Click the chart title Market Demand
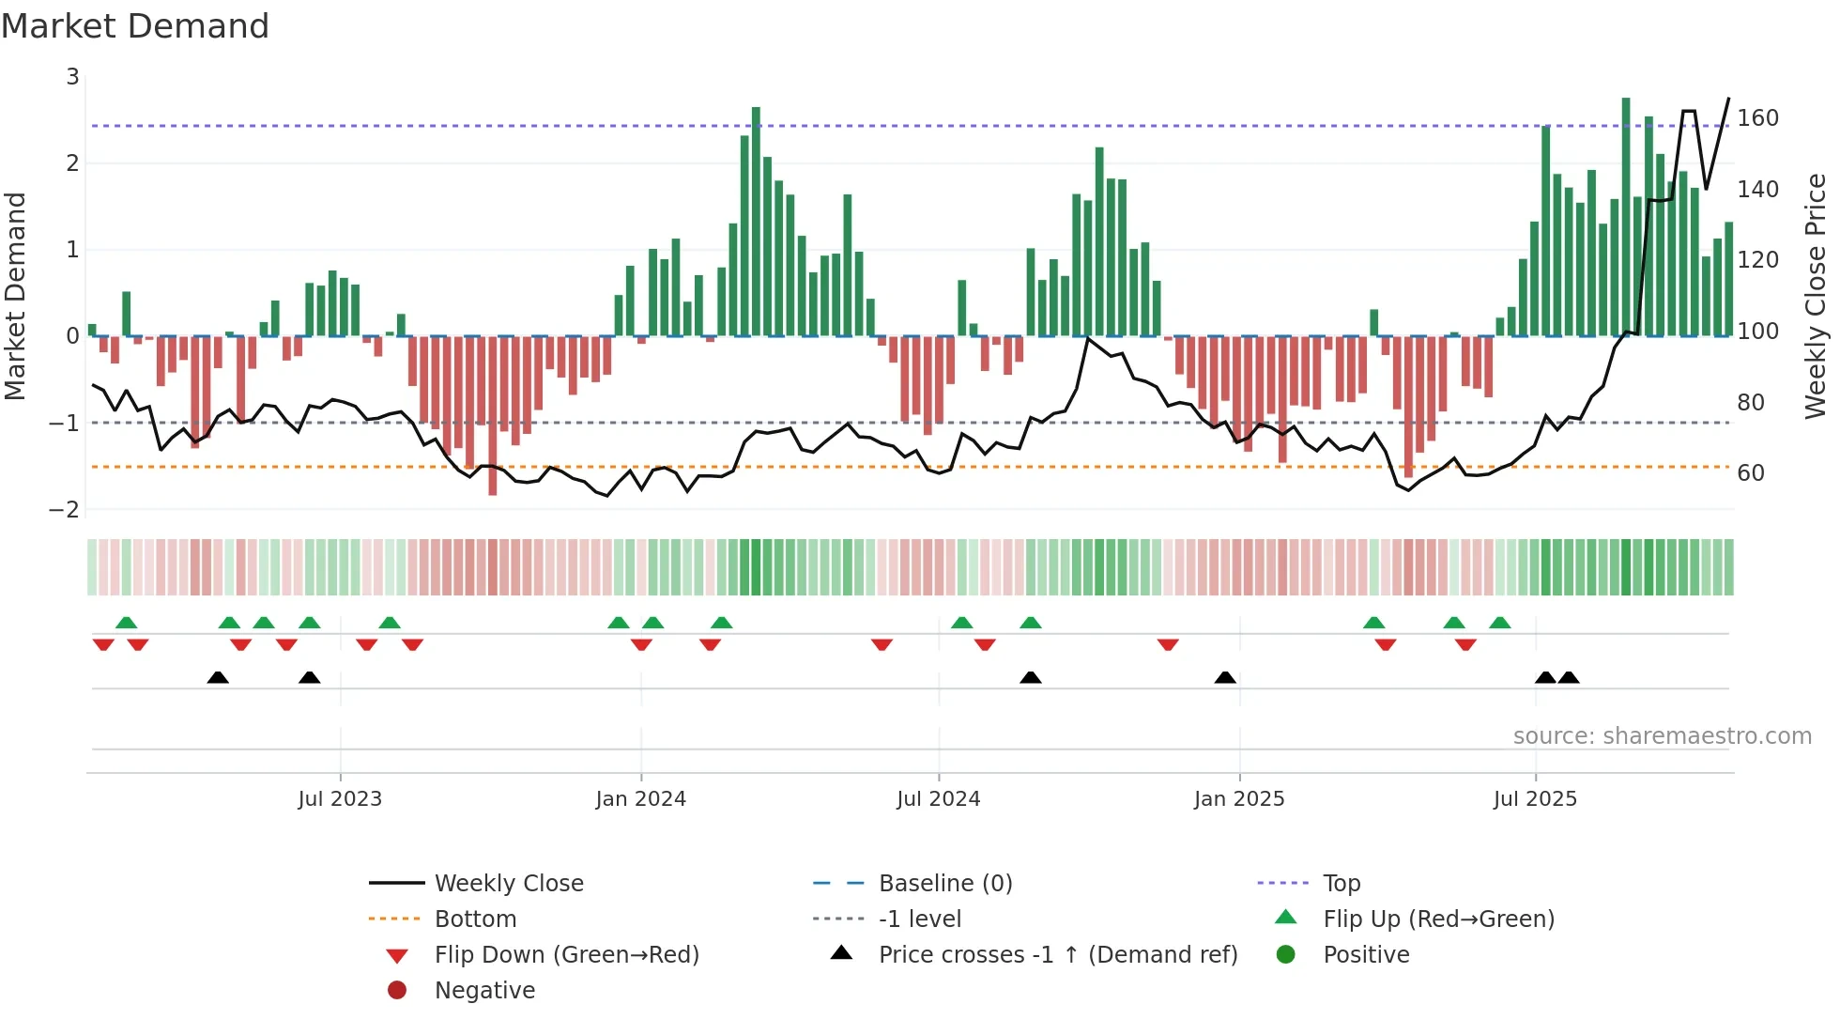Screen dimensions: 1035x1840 pos(135,26)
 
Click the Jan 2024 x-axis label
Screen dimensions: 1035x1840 pos(640,799)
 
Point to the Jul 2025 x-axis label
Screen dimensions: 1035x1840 pos(1535,799)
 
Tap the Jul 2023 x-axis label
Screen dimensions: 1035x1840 pos(340,799)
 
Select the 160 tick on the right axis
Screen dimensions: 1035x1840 pos(1757,118)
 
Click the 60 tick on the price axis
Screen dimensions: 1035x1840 pos(1750,473)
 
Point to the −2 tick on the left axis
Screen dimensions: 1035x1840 pos(64,510)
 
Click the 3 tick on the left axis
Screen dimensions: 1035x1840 pos(72,77)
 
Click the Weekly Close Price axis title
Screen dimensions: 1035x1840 pos(1816,296)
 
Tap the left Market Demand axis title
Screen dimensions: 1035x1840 pos(15,296)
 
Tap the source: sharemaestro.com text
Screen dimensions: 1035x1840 pos(1662,736)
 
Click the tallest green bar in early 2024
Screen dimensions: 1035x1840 pos(756,221)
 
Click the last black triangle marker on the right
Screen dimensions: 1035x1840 pos(1569,678)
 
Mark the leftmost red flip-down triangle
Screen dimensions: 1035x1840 pos(103,644)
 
